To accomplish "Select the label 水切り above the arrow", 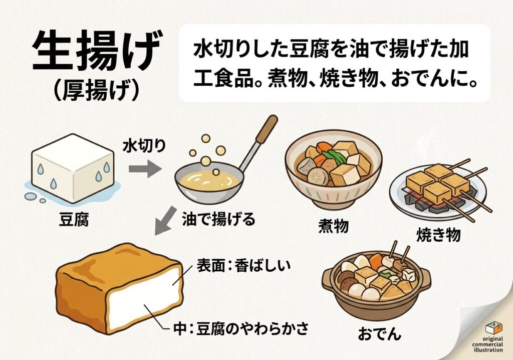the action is click(x=144, y=146).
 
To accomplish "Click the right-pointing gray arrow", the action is click(x=145, y=168).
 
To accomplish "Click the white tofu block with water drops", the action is click(x=73, y=168).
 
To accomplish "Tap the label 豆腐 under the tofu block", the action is click(x=74, y=219).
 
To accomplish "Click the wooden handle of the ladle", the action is click(x=267, y=129).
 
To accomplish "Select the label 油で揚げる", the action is click(x=218, y=219).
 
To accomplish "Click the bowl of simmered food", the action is click(x=333, y=168).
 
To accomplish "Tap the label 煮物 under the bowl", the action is click(x=333, y=226).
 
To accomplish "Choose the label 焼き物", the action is click(x=438, y=235).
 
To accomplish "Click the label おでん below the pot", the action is click(x=379, y=334).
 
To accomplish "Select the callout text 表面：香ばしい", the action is click(x=243, y=265).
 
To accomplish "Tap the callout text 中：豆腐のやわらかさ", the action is click(x=241, y=328).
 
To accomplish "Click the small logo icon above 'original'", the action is click(x=493, y=328).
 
